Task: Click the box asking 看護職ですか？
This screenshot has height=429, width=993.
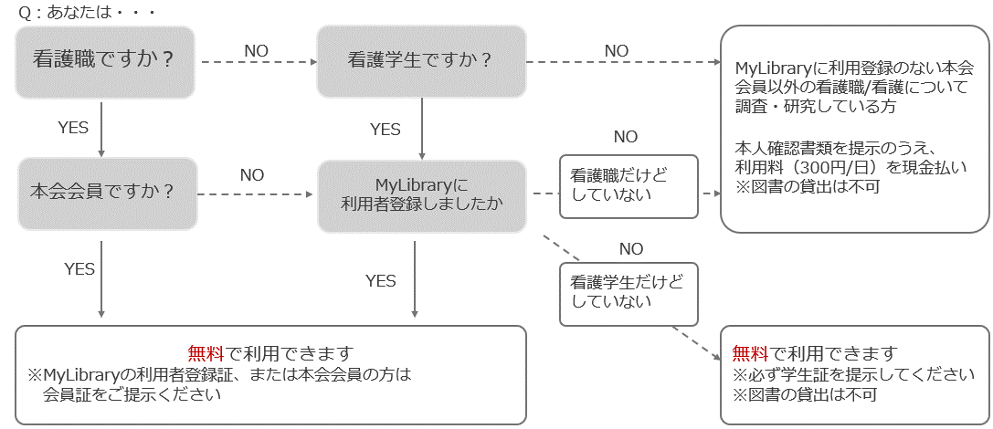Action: [x=105, y=61]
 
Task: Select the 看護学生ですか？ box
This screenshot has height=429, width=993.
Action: [x=421, y=61]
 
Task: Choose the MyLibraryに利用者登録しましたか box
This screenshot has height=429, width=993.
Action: [x=421, y=194]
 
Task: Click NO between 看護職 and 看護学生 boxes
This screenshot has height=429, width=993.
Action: [x=256, y=51]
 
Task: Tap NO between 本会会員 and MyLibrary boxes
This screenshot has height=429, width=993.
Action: [x=252, y=174]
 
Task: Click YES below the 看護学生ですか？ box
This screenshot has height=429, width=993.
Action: [x=385, y=130]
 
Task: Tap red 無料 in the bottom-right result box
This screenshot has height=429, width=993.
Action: [x=751, y=353]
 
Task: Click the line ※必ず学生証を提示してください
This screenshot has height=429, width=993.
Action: [x=848, y=374]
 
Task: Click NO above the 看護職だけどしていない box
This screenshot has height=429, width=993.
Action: [x=626, y=137]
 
